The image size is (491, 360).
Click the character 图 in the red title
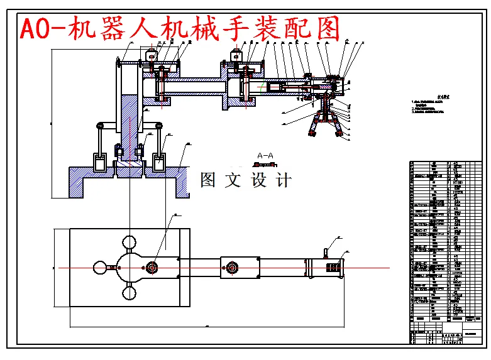[x=326, y=29]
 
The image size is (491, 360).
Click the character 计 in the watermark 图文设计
[x=284, y=180]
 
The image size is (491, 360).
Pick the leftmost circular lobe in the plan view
[x=101, y=268]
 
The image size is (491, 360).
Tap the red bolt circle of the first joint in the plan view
[x=152, y=268]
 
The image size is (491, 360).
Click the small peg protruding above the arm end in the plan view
[x=325, y=253]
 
